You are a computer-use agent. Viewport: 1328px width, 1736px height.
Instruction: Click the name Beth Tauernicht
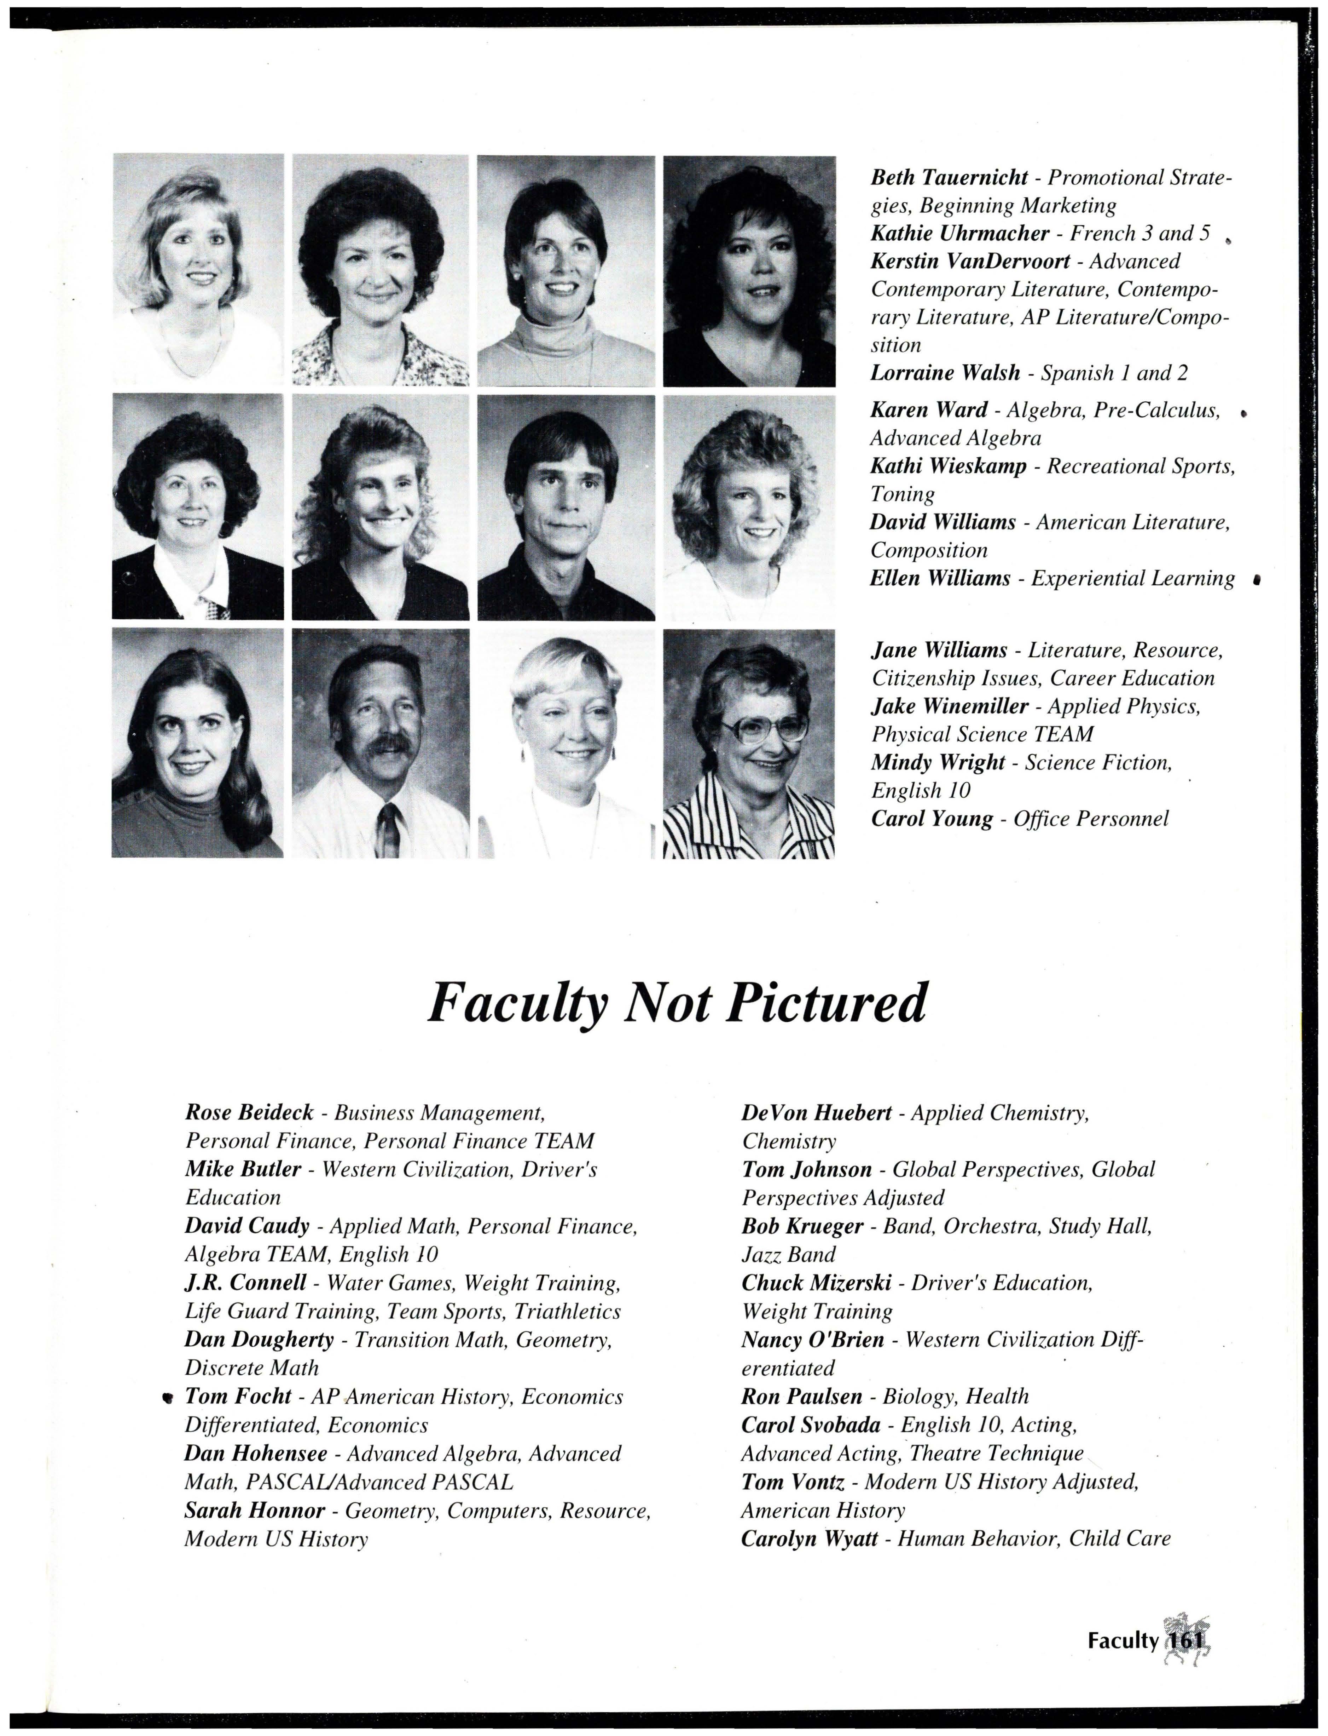click(x=949, y=177)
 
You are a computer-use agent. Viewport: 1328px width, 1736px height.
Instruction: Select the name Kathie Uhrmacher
click(x=959, y=233)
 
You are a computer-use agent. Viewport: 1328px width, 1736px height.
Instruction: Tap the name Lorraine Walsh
click(x=945, y=373)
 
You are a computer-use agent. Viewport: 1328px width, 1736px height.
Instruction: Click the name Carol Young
click(x=931, y=819)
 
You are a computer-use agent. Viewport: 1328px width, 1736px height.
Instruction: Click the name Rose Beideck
click(x=249, y=1113)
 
